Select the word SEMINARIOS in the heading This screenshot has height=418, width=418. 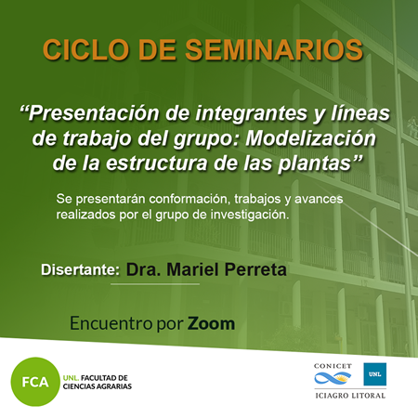click(x=274, y=50)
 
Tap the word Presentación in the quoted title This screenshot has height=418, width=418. click(x=94, y=113)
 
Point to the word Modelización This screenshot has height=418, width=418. click(x=311, y=138)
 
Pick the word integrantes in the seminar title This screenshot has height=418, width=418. click(x=251, y=114)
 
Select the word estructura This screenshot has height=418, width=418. click(x=157, y=163)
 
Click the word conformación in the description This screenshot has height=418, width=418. click(x=189, y=199)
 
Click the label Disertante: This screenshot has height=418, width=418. click(x=81, y=269)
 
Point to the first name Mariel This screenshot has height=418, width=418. click(x=193, y=269)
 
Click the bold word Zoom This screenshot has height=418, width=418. click(x=211, y=323)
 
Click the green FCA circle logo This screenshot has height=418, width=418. click(x=35, y=382)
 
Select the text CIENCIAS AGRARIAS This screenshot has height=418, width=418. click(x=98, y=386)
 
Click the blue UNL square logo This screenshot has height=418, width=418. click(x=375, y=374)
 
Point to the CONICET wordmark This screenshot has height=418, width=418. click(x=333, y=366)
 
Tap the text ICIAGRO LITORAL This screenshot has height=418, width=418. click(x=350, y=396)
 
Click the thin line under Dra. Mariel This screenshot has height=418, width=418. click(x=155, y=283)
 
